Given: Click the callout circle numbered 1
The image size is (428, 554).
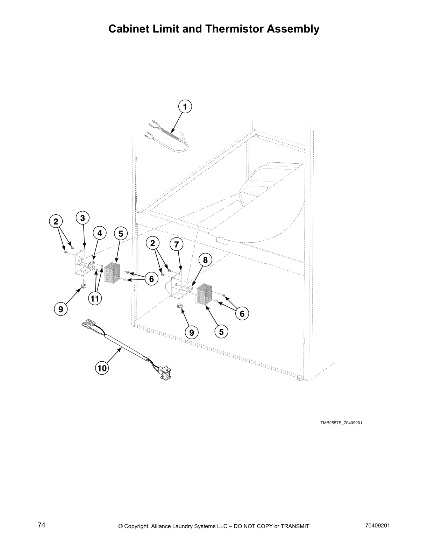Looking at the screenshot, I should click(185, 107).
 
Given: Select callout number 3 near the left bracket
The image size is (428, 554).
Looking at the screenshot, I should click(83, 218).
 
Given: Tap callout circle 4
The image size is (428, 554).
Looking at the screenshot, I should click(99, 233).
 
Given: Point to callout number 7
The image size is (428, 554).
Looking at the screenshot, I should click(177, 245).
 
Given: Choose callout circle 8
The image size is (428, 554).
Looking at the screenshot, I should click(205, 260).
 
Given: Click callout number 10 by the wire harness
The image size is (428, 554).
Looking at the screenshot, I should click(102, 368).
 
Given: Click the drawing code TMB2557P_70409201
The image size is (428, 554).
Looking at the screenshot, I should click(341, 423).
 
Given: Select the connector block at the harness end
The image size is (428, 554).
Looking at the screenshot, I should click(166, 372).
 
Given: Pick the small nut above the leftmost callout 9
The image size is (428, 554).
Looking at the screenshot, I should click(83, 287).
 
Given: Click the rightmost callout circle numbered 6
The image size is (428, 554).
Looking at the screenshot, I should click(242, 314).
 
